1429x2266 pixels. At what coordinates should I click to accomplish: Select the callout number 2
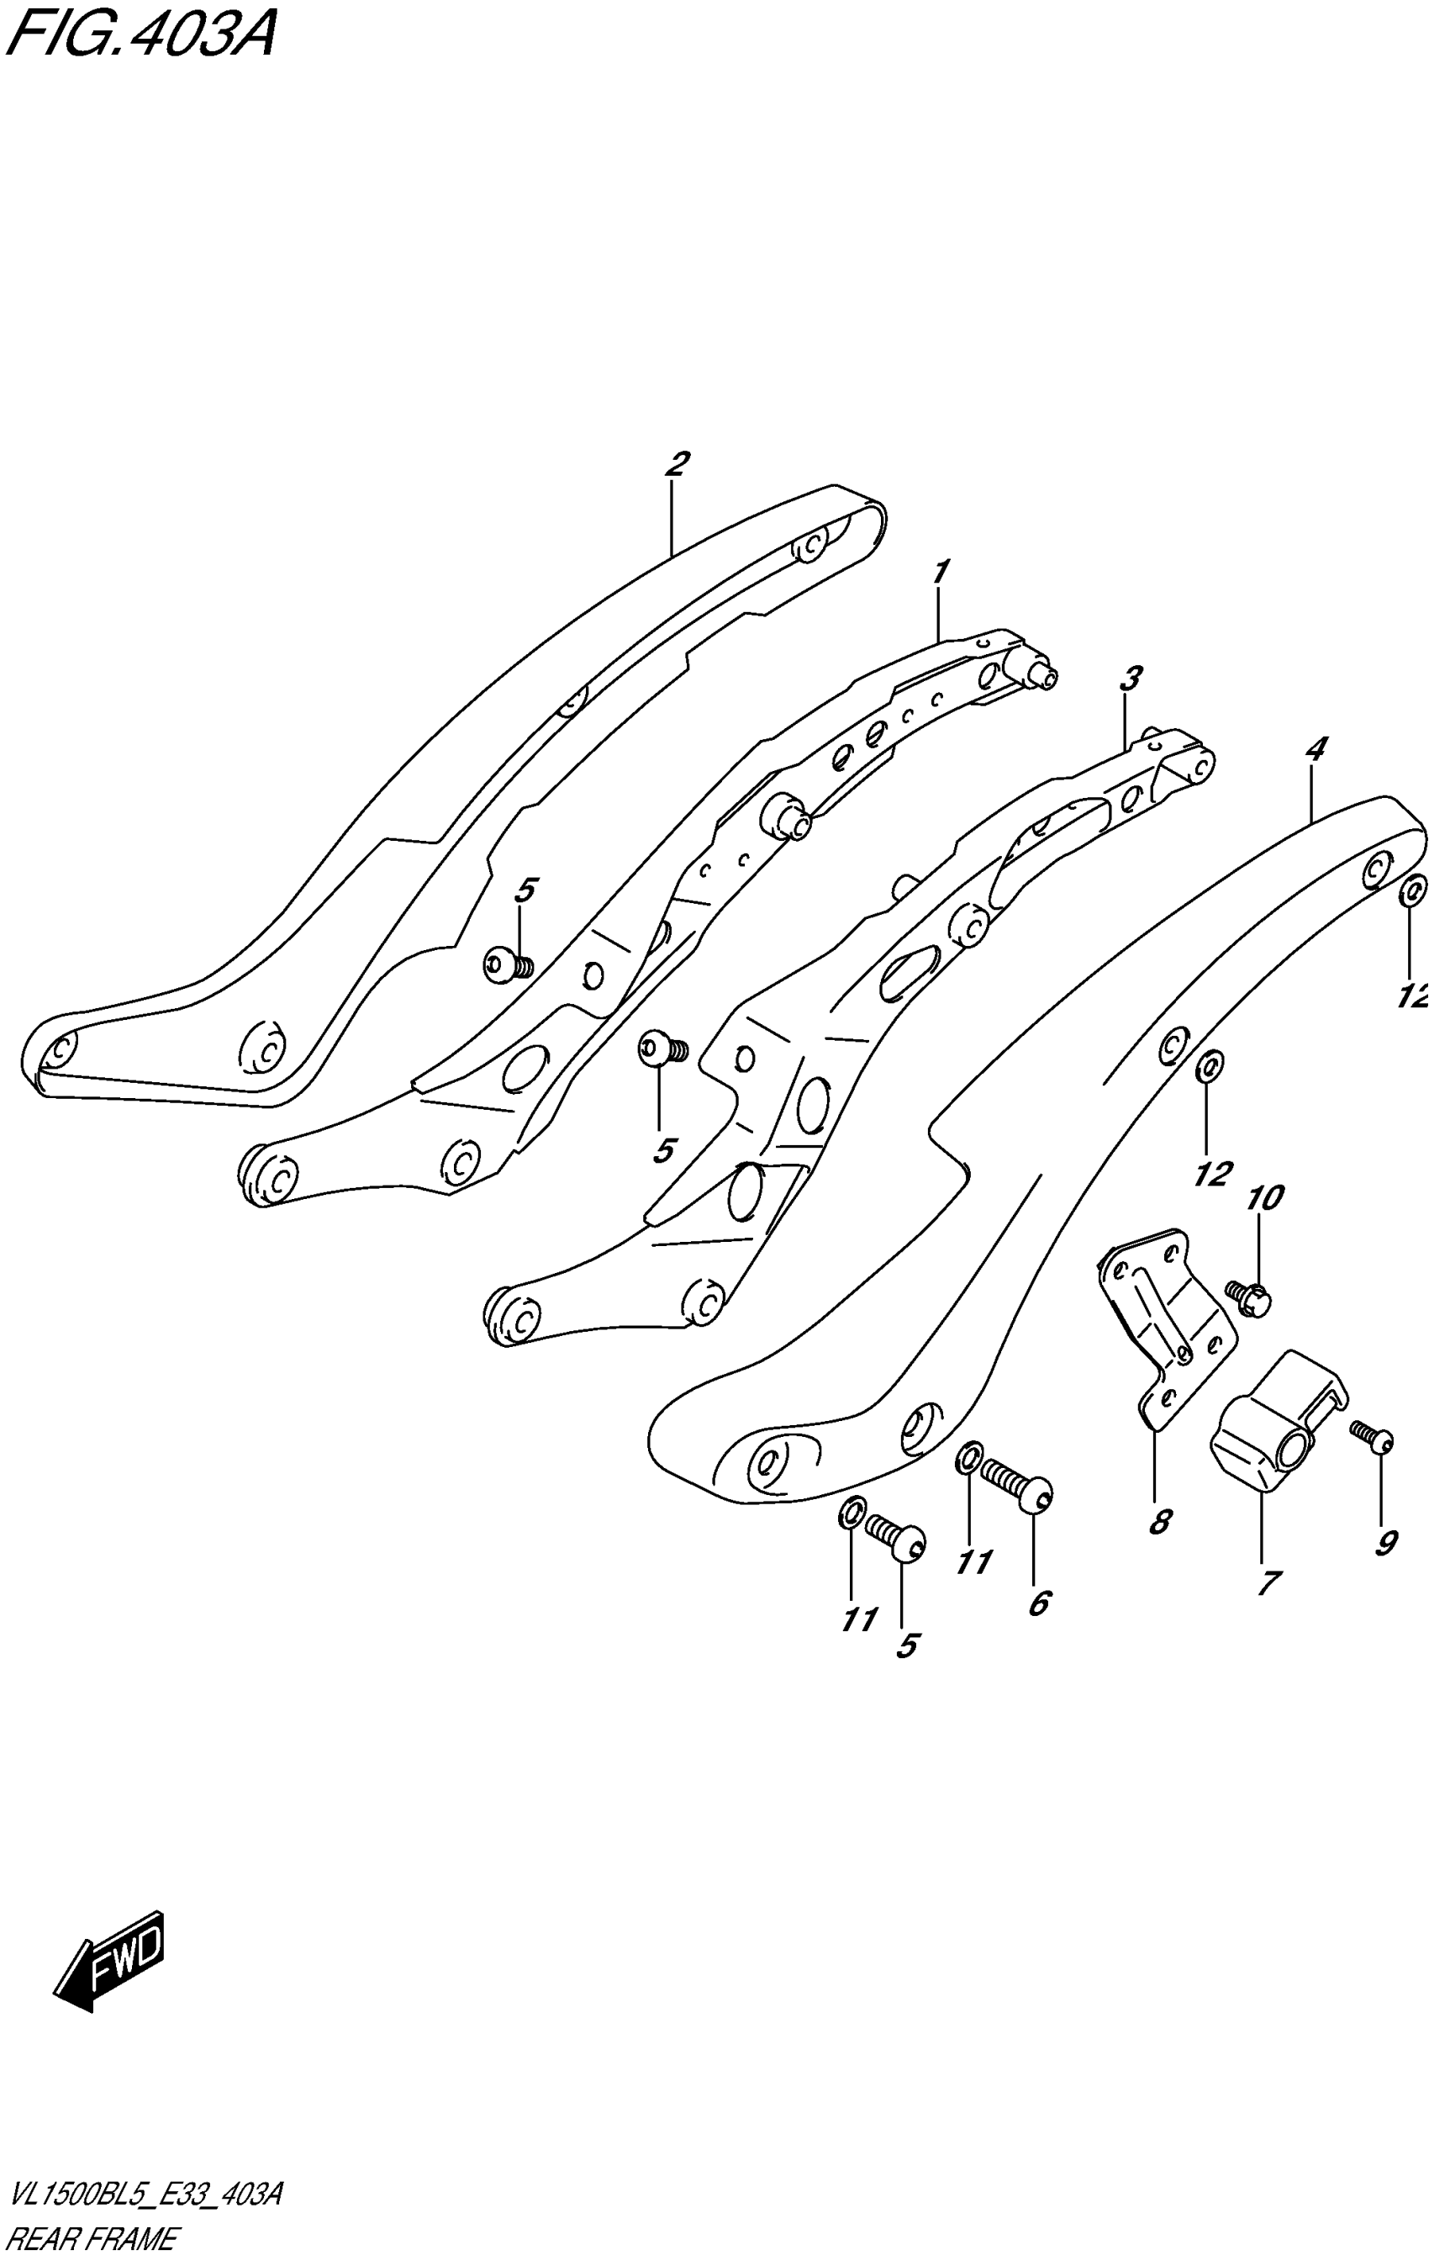point(674,465)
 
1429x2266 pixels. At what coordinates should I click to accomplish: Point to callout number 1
point(940,571)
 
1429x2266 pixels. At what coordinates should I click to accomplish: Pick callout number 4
point(1316,750)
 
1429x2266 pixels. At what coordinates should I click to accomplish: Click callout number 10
point(1264,1198)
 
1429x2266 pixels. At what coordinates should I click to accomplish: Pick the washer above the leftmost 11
point(850,1513)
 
